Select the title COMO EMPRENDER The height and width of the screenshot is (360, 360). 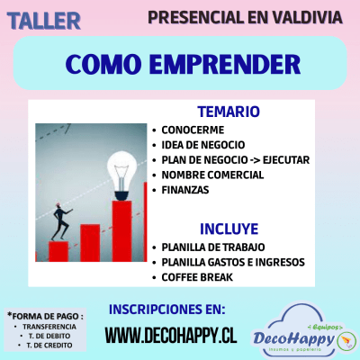coord(183,64)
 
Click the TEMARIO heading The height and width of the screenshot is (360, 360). coord(228,112)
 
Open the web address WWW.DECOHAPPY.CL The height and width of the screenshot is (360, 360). coord(170,336)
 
